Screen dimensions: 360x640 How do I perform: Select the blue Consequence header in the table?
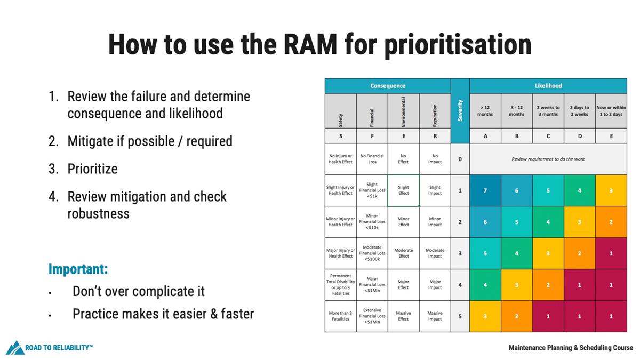pyautogui.click(x=388, y=86)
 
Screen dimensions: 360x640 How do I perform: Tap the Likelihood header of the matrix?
pyautogui.click(x=548, y=86)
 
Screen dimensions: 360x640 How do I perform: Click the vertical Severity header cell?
pyautogui.click(x=460, y=110)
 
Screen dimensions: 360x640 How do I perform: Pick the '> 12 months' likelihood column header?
pyautogui.click(x=485, y=110)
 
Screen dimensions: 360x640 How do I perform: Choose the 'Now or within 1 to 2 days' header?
pyautogui.click(x=611, y=110)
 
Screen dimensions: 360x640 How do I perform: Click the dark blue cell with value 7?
pyautogui.click(x=485, y=190)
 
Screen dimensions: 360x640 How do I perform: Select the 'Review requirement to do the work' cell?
pyautogui.click(x=548, y=159)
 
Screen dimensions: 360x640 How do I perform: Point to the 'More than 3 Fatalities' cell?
pyautogui.click(x=340, y=316)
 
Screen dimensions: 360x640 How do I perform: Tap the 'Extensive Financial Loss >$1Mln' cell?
pyautogui.click(x=372, y=316)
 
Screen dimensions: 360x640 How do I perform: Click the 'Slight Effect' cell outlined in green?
pyautogui.click(x=403, y=190)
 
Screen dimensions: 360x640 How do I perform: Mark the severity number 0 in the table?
pyautogui.click(x=460, y=159)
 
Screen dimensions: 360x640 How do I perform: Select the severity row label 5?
pyautogui.click(x=460, y=316)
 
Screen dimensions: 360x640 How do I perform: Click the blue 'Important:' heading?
pyautogui.click(x=78, y=269)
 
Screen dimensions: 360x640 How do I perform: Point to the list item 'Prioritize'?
pyautogui.click(x=92, y=169)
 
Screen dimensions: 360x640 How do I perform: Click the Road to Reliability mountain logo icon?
pyautogui.click(x=14, y=348)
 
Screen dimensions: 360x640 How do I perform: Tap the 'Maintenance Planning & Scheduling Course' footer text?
pyautogui.click(x=571, y=348)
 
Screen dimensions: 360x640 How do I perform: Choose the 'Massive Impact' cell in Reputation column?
pyautogui.click(x=435, y=316)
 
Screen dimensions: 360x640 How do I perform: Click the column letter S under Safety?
pyautogui.click(x=340, y=136)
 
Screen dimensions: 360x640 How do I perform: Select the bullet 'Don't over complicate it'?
pyautogui.click(x=139, y=292)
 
